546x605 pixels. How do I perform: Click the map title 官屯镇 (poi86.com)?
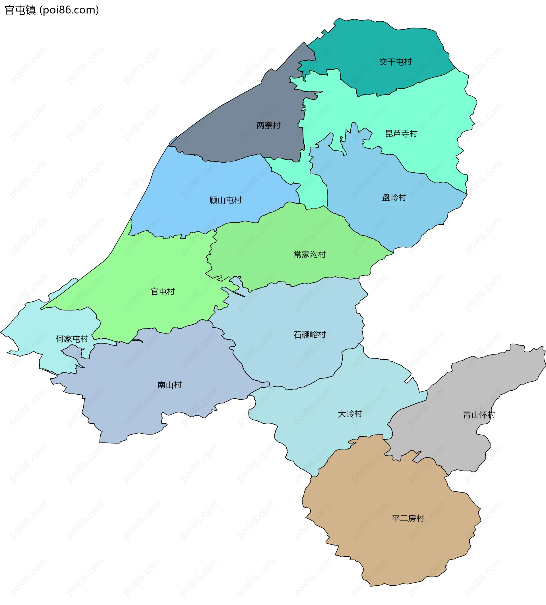pyautogui.click(x=51, y=10)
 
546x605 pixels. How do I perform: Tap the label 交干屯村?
pyautogui.click(x=395, y=62)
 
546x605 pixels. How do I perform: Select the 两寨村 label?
pyautogui.click(x=268, y=125)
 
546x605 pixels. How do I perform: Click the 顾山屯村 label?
pyautogui.click(x=225, y=200)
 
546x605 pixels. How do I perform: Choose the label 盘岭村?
pyautogui.click(x=394, y=197)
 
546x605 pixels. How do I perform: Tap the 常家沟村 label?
pyautogui.click(x=310, y=254)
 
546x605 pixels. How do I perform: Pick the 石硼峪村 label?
pyautogui.click(x=310, y=334)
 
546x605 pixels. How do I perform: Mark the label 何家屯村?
pyautogui.click(x=72, y=339)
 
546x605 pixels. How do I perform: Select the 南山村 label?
pyautogui.click(x=169, y=385)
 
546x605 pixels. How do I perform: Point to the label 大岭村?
pyautogui.click(x=350, y=414)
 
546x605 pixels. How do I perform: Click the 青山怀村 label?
pyautogui.click(x=479, y=415)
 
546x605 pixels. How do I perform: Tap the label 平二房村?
pyautogui.click(x=408, y=518)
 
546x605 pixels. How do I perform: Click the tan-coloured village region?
pyautogui.click(x=375, y=540)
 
